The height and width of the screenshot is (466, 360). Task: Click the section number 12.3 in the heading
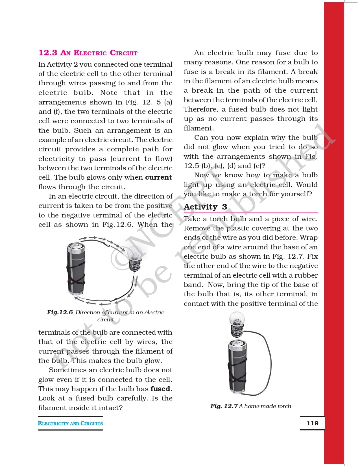[x=48, y=53]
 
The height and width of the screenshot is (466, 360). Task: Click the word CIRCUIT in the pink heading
[x=123, y=53]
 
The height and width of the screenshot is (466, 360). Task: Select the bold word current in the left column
[x=158, y=177]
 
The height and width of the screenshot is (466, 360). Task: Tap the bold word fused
[x=160, y=389]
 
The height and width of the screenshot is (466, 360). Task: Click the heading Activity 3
[x=205, y=207]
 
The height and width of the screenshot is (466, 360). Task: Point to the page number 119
[x=312, y=423]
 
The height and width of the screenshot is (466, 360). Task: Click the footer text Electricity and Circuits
[x=70, y=423]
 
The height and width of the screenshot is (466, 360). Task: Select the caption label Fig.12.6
[x=60, y=312]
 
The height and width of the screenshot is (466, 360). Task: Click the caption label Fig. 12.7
[x=224, y=406]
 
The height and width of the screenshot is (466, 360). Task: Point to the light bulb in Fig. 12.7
[x=237, y=324]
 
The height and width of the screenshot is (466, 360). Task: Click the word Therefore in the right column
[x=201, y=109]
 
